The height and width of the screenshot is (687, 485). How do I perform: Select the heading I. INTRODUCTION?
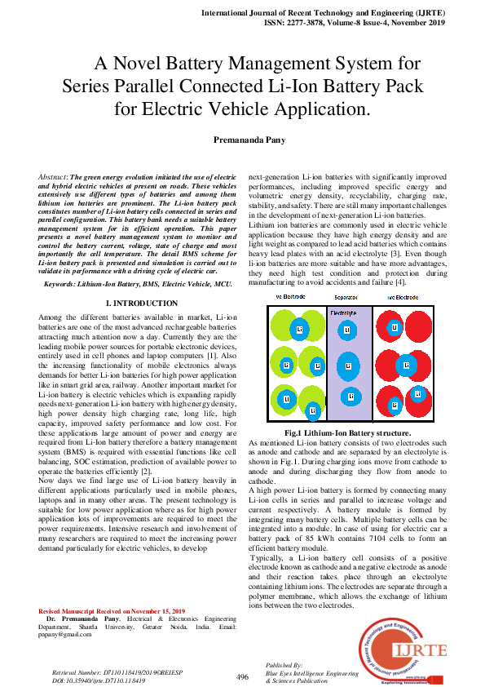(142, 304)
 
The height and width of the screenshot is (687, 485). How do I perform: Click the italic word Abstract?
(53, 176)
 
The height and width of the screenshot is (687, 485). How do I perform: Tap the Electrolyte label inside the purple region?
(343, 312)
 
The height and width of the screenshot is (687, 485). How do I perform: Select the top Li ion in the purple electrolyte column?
(347, 330)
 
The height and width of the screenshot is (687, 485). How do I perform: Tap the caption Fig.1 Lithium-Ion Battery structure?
(347, 432)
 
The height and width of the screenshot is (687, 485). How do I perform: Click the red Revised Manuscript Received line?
(112, 611)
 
